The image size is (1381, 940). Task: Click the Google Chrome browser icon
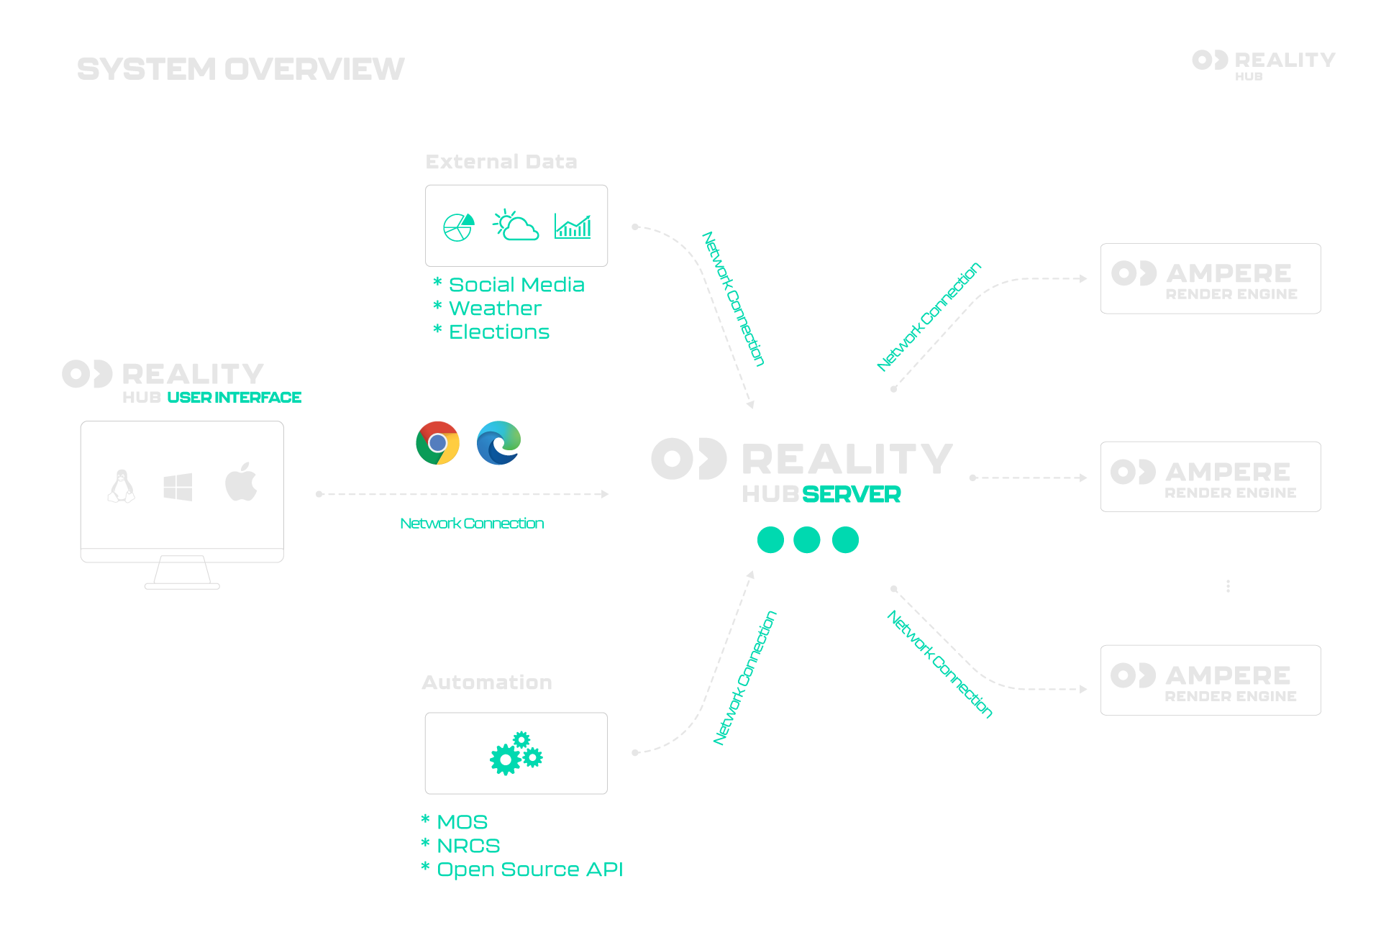tap(437, 443)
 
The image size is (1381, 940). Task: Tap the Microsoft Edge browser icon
tap(498, 443)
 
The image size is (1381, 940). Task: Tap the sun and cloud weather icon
tap(516, 226)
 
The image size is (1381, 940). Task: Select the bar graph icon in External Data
tap(573, 226)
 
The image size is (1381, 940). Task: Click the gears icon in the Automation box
tap(516, 754)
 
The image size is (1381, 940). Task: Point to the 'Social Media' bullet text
tap(516, 285)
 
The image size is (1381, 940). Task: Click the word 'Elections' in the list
tap(498, 332)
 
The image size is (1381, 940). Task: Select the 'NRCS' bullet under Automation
tap(468, 846)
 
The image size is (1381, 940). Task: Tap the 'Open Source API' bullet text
tap(529, 870)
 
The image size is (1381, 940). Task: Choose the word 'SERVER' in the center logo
tap(851, 495)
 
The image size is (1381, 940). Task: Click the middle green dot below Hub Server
tap(807, 540)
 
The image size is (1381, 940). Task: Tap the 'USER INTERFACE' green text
tap(234, 397)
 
